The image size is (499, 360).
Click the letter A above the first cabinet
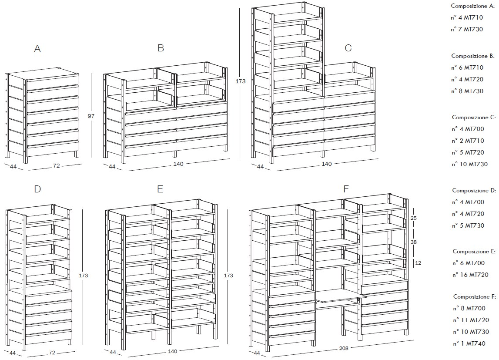pyautogui.click(x=37, y=49)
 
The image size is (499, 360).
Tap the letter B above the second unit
pyautogui.click(x=161, y=48)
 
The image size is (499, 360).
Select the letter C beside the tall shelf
pyautogui.click(x=348, y=48)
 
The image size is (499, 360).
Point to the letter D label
pyautogui.click(x=37, y=189)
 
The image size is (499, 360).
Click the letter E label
pyautogui.click(x=160, y=189)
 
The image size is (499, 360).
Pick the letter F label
pyautogui.click(x=346, y=189)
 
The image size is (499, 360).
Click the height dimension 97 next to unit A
pyautogui.click(x=91, y=116)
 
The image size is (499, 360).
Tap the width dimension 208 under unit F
pyautogui.click(x=344, y=348)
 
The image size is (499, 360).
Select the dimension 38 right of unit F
pyautogui.click(x=413, y=242)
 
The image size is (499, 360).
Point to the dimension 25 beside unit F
pyautogui.click(x=413, y=219)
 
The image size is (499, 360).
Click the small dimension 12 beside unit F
pyautogui.click(x=418, y=263)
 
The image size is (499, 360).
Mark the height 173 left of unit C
pyautogui.click(x=241, y=81)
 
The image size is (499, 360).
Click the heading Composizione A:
pyautogui.click(x=473, y=6)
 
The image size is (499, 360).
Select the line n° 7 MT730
pyautogui.click(x=467, y=29)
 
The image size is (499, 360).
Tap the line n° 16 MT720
pyautogui.click(x=470, y=275)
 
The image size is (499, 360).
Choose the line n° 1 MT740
pyautogui.click(x=469, y=343)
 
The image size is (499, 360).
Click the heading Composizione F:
pyautogui.click(x=475, y=296)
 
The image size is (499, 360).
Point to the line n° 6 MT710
pyautogui.click(x=467, y=67)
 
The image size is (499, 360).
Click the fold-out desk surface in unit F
pyautogui.click(x=341, y=296)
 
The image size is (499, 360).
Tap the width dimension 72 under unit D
pyautogui.click(x=52, y=353)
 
